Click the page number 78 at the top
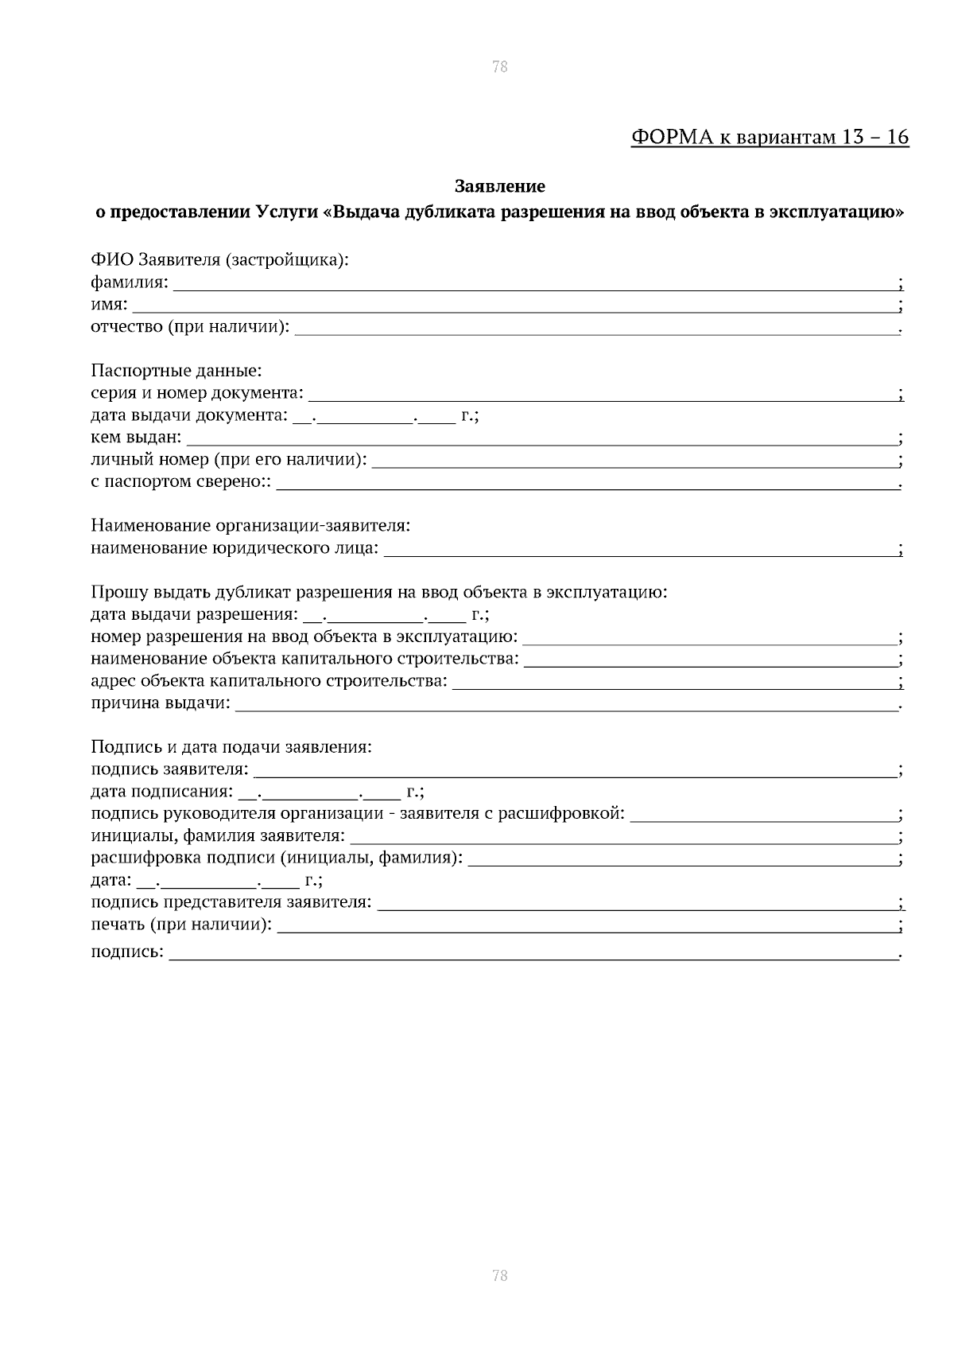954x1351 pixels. coord(499,67)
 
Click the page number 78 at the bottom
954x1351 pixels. coord(499,1276)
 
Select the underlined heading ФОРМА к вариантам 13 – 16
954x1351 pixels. coord(770,138)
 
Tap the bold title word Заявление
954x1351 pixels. coord(499,187)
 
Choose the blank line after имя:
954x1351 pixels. coord(514,307)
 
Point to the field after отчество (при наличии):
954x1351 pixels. coord(596,329)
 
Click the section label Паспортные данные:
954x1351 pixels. coord(176,371)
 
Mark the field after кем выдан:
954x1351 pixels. coord(541,440)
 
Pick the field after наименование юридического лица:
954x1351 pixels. coord(640,551)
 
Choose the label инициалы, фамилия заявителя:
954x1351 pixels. coord(218,836)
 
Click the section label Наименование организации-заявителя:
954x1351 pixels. coord(250,526)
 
